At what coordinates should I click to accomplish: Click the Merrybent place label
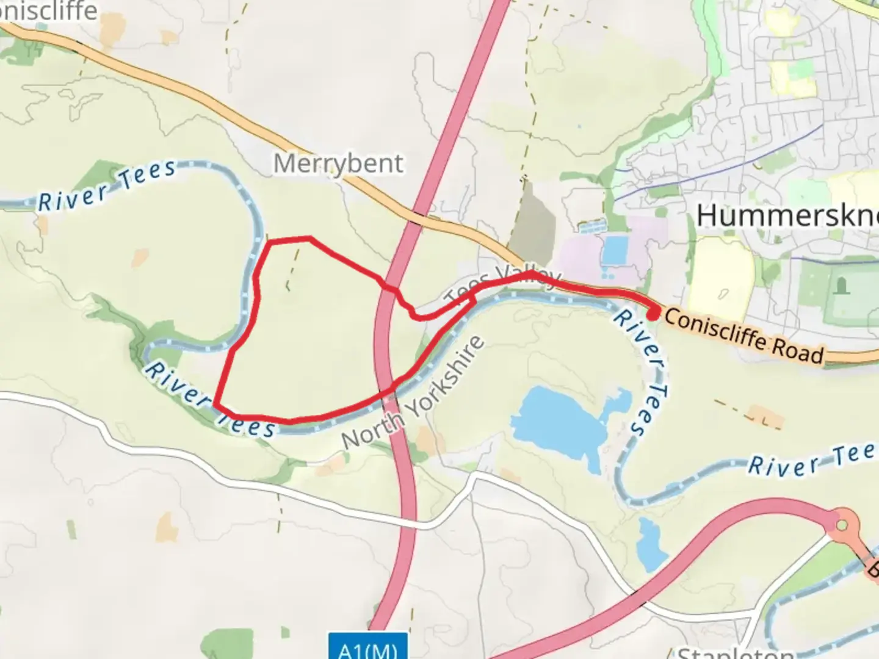(338, 164)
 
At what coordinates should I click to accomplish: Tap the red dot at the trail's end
(653, 315)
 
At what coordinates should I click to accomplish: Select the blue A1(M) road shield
(367, 648)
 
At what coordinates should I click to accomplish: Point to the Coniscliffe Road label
(743, 336)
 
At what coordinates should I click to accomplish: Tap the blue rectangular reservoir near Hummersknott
(614, 250)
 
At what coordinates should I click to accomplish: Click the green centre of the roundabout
(842, 524)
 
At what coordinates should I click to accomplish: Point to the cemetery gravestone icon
(843, 285)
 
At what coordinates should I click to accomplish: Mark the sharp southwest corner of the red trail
(216, 403)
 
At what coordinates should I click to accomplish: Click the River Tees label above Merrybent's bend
(107, 186)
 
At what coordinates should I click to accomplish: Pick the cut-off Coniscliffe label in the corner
(49, 11)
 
